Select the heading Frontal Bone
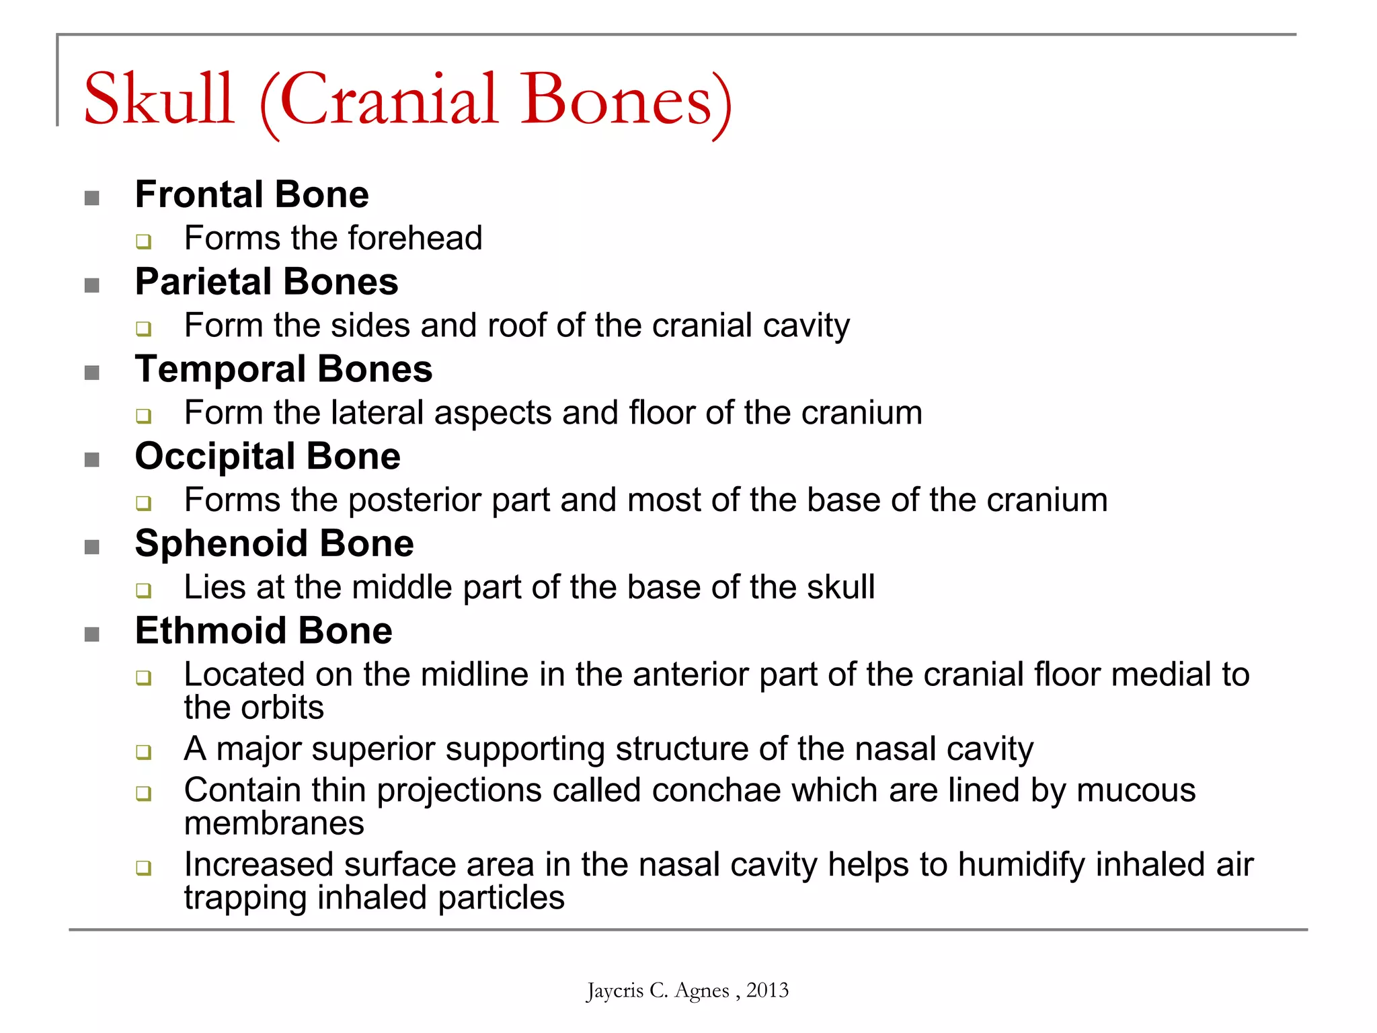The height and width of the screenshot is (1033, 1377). point(251,194)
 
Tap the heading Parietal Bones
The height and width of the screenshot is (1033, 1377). point(266,281)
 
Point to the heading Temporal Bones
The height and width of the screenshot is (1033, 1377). point(283,369)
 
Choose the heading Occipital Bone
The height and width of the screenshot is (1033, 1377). point(268,456)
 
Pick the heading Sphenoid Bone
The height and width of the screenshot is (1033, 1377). point(274,543)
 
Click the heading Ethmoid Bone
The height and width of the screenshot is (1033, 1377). point(263,631)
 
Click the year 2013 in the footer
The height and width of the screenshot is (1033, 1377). point(767,990)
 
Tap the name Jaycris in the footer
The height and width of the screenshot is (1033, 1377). point(615,991)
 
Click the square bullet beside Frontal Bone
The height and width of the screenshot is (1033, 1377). point(92,198)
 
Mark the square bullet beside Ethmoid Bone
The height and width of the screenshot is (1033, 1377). point(92,634)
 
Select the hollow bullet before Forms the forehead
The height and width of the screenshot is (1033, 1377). point(143,241)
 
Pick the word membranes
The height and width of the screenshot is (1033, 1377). point(274,823)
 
